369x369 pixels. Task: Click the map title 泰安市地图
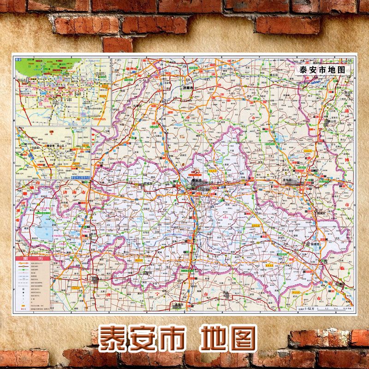(x=322, y=71)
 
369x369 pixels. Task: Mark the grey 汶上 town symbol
(x=95, y=279)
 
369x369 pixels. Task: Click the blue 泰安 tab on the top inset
(x=19, y=60)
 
